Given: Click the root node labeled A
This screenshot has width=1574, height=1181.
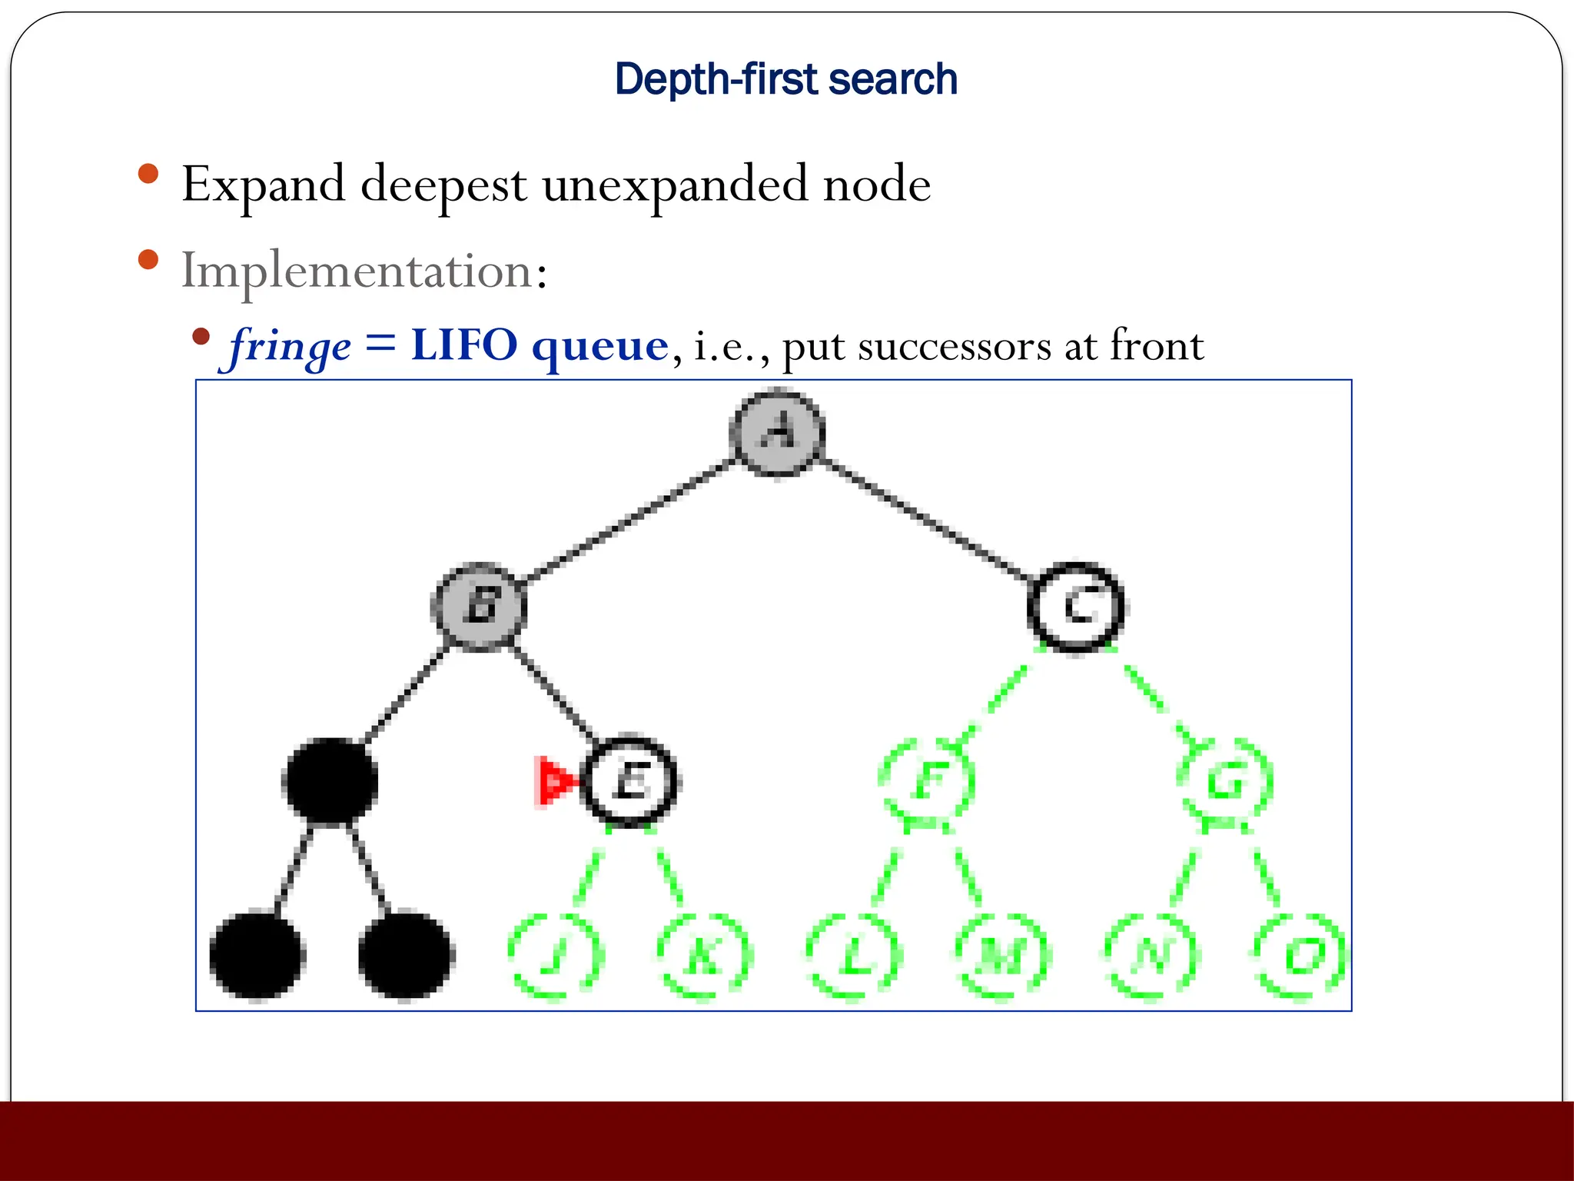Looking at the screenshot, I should (777, 432).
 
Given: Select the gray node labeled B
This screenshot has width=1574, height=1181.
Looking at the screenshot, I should (480, 606).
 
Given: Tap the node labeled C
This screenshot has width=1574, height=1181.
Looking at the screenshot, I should (1076, 607).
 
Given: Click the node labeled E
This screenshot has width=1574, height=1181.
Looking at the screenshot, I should (630, 781).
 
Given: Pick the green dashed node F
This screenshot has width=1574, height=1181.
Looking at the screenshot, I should (928, 781).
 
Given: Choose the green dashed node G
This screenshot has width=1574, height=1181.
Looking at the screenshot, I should (1225, 781).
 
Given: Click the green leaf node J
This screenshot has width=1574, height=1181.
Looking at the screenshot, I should (556, 956).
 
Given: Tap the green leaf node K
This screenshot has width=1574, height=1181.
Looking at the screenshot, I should (704, 956).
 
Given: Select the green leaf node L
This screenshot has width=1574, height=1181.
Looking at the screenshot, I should (853, 956).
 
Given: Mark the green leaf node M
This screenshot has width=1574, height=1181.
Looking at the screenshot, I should (1002, 956).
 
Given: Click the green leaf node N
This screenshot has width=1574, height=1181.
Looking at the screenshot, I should (1151, 956).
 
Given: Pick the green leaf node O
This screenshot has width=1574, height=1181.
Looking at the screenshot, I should (1300, 956).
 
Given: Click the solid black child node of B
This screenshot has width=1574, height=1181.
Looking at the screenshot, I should (330, 781).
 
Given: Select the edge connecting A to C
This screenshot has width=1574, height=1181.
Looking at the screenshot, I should (926, 520).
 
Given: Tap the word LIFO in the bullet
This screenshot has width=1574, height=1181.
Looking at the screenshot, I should (464, 345).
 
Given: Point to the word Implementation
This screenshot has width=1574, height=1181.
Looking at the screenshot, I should (357, 271).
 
